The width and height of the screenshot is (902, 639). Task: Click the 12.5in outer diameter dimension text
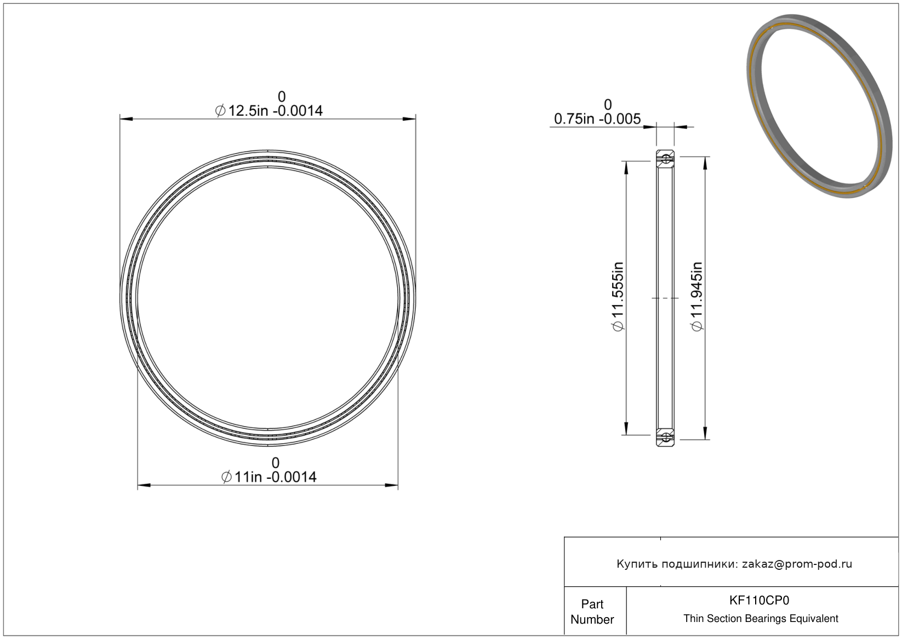pos(269,110)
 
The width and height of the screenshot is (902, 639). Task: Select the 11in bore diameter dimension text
pos(269,477)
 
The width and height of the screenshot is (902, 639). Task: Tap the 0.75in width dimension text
pos(597,119)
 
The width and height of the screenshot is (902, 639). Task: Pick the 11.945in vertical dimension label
pos(697,296)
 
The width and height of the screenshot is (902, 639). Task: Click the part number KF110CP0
pos(759,601)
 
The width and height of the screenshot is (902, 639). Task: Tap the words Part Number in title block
pos(592,612)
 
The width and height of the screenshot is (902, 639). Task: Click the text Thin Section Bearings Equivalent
pos(761,619)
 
